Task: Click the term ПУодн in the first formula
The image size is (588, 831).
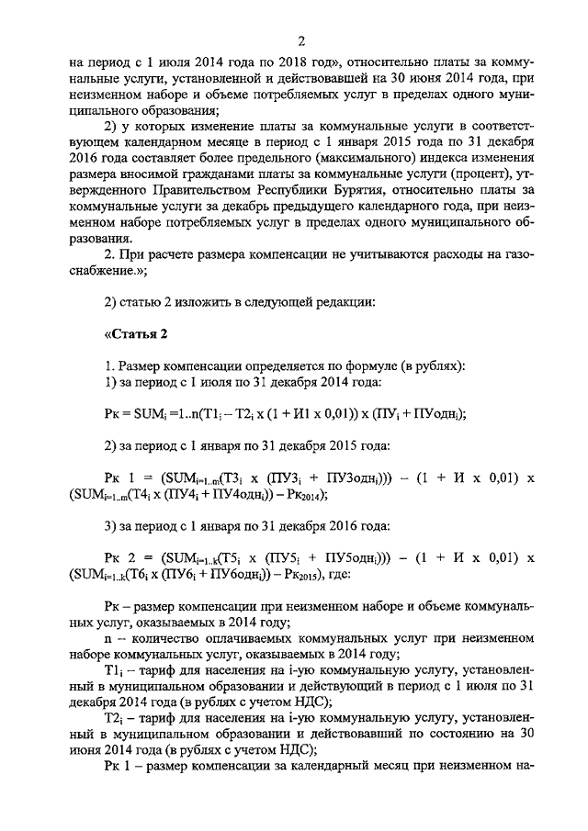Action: tap(438, 413)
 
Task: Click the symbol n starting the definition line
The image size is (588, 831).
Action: tap(108, 637)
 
